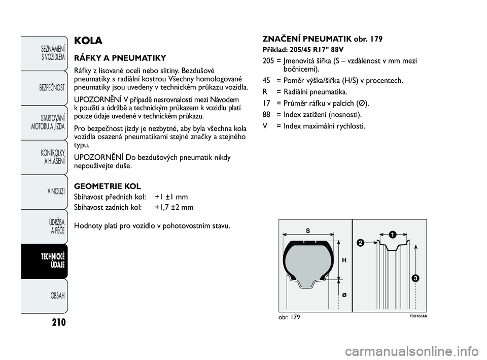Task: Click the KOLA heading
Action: click(88, 41)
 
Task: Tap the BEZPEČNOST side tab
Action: click(51, 87)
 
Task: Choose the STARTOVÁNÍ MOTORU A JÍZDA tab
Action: click(48, 122)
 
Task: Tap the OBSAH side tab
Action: click(55, 296)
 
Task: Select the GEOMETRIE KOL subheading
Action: click(108, 186)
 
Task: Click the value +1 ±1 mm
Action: click(171, 197)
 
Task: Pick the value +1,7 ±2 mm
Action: click(174, 207)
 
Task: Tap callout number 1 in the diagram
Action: click(392, 234)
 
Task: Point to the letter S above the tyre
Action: click(307, 230)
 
